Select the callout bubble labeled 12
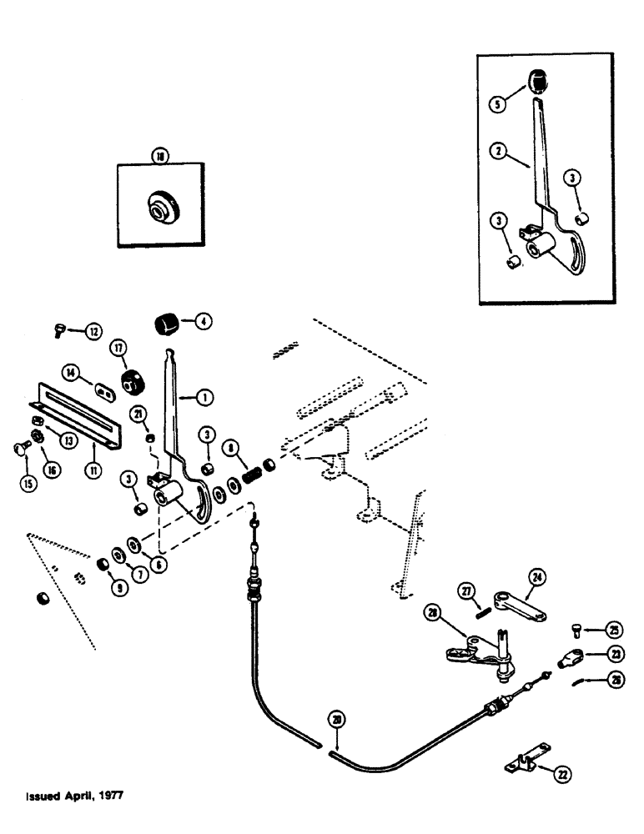coord(93,331)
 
